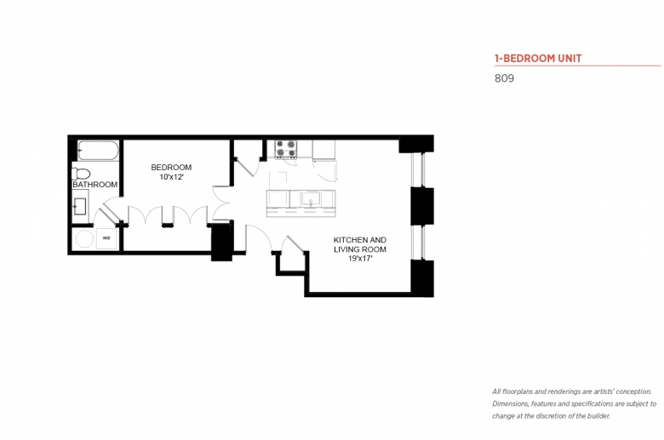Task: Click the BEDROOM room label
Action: pos(171,168)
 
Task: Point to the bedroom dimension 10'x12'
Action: pos(171,177)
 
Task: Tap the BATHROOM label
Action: pos(94,185)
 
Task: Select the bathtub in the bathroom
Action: pos(98,151)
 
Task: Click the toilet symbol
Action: pos(82,174)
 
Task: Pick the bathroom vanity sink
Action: pos(80,206)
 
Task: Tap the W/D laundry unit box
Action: pos(106,238)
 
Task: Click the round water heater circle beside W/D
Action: pos(84,239)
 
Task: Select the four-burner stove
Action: pos(286,149)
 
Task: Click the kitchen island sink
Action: pos(311,199)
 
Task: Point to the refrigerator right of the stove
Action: pos(324,150)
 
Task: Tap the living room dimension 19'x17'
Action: pos(360,259)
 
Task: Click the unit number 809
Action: pos(504,78)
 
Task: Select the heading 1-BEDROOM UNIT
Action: pos(538,59)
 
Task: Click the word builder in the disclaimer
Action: pos(598,416)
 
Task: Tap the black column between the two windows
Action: pos(422,206)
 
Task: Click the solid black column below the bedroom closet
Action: pos(221,243)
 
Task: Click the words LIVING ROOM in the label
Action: pos(360,249)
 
